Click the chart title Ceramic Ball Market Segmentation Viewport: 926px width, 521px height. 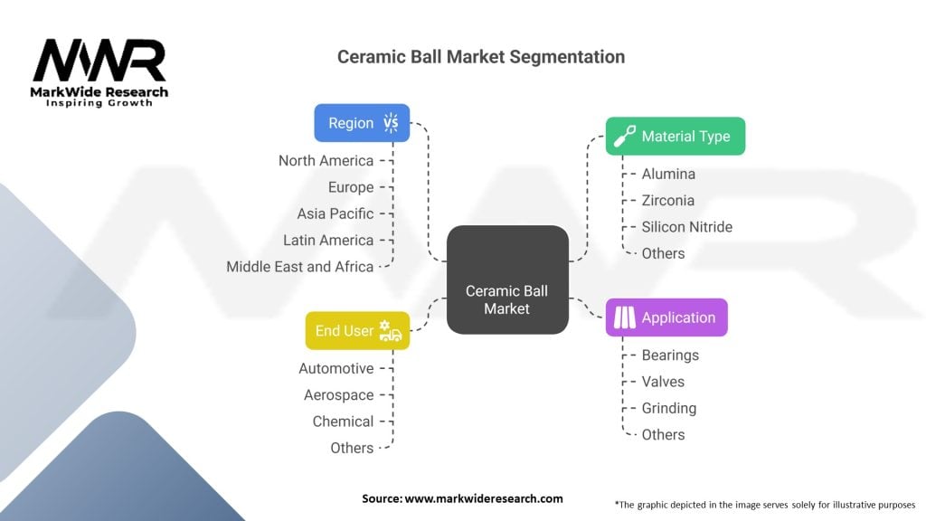point(480,56)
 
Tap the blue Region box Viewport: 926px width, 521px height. point(362,123)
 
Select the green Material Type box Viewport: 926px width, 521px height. point(675,136)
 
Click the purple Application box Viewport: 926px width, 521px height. point(666,317)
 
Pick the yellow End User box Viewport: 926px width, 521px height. point(357,331)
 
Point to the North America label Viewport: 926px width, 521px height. point(326,161)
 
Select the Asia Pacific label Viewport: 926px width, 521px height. point(335,213)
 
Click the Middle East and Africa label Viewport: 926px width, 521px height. point(299,267)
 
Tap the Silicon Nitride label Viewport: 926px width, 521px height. point(686,227)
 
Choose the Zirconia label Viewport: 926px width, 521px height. point(667,200)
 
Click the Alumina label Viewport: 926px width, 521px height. point(668,174)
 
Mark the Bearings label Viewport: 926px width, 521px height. point(670,355)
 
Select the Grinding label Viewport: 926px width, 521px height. point(668,408)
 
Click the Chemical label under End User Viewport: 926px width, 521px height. point(343,422)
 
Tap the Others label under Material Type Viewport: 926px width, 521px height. point(663,253)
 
